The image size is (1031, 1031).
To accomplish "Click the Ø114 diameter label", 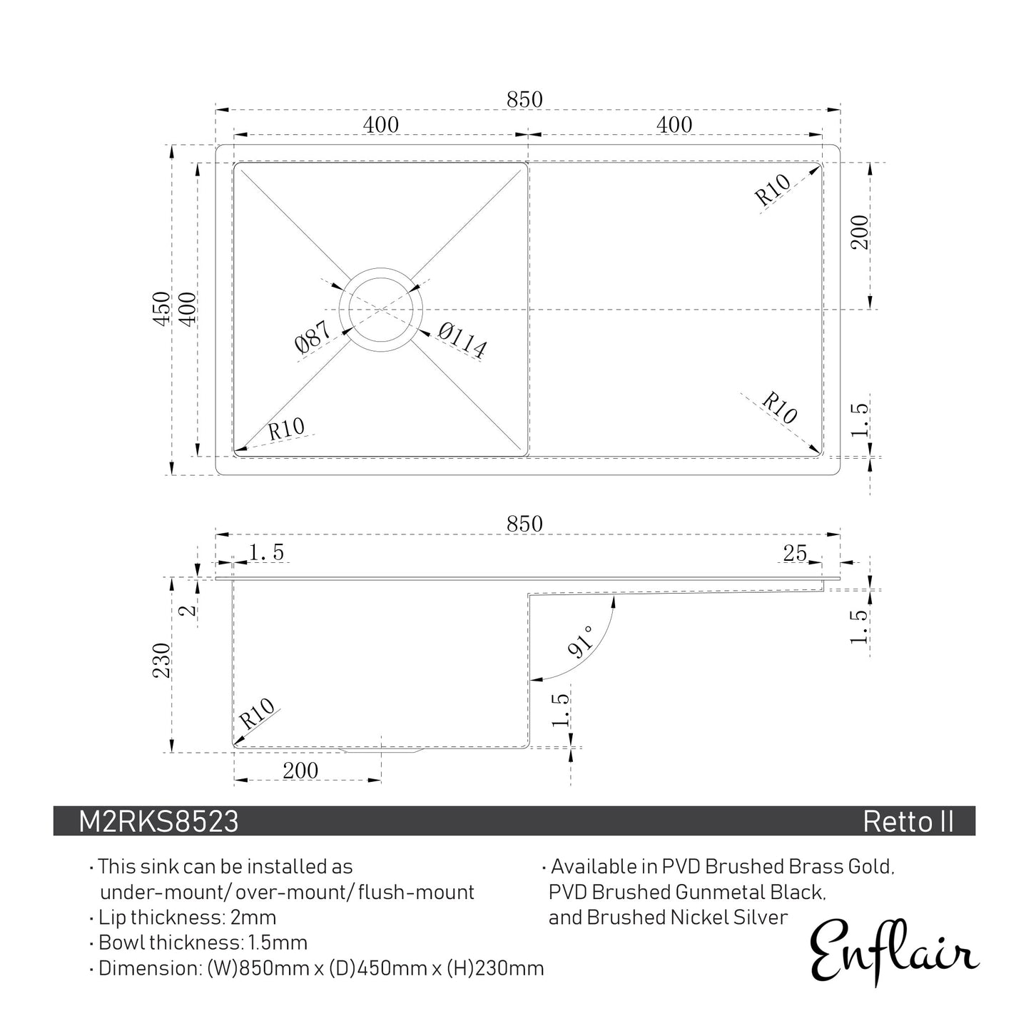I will pos(463,340).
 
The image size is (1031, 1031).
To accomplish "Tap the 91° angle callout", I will pos(581,641).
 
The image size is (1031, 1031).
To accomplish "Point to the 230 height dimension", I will pos(161,661).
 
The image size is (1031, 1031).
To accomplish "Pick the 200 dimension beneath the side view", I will pos(300,771).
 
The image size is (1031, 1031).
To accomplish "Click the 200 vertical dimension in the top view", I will pos(860,232).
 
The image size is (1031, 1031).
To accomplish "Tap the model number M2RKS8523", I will pos(158,822).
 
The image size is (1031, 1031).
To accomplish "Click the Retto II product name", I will pos(908,822).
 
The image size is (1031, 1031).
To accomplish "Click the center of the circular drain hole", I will pos(382,310).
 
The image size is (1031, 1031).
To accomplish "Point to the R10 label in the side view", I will pos(257,713).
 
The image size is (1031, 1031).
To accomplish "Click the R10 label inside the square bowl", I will pos(286,429).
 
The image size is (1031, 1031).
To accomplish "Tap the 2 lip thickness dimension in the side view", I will pos(185,611).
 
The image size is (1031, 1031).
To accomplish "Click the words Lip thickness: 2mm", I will pos(187,917).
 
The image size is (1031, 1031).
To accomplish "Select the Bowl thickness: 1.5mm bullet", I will pos(203,943).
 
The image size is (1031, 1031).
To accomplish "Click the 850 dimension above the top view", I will pos(524,99).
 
